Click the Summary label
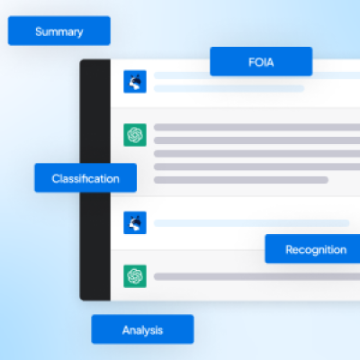coord(59,31)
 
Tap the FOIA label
coord(261,61)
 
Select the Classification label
coord(85,178)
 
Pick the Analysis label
coord(142,329)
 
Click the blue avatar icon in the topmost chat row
coord(135,82)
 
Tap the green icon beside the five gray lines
coord(135,135)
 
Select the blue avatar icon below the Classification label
coord(135,223)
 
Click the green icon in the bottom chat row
coord(135,276)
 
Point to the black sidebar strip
coord(95,180)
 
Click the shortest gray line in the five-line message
coord(241,180)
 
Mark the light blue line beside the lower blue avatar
coord(252,223)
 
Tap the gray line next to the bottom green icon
coord(256,276)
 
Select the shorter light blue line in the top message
coord(229,88)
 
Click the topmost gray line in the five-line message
coord(256,127)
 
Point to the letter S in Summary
coord(39,31)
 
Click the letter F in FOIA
coord(251,62)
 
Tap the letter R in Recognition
coord(289,249)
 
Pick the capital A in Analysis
coord(126,330)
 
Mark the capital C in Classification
coord(56,179)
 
